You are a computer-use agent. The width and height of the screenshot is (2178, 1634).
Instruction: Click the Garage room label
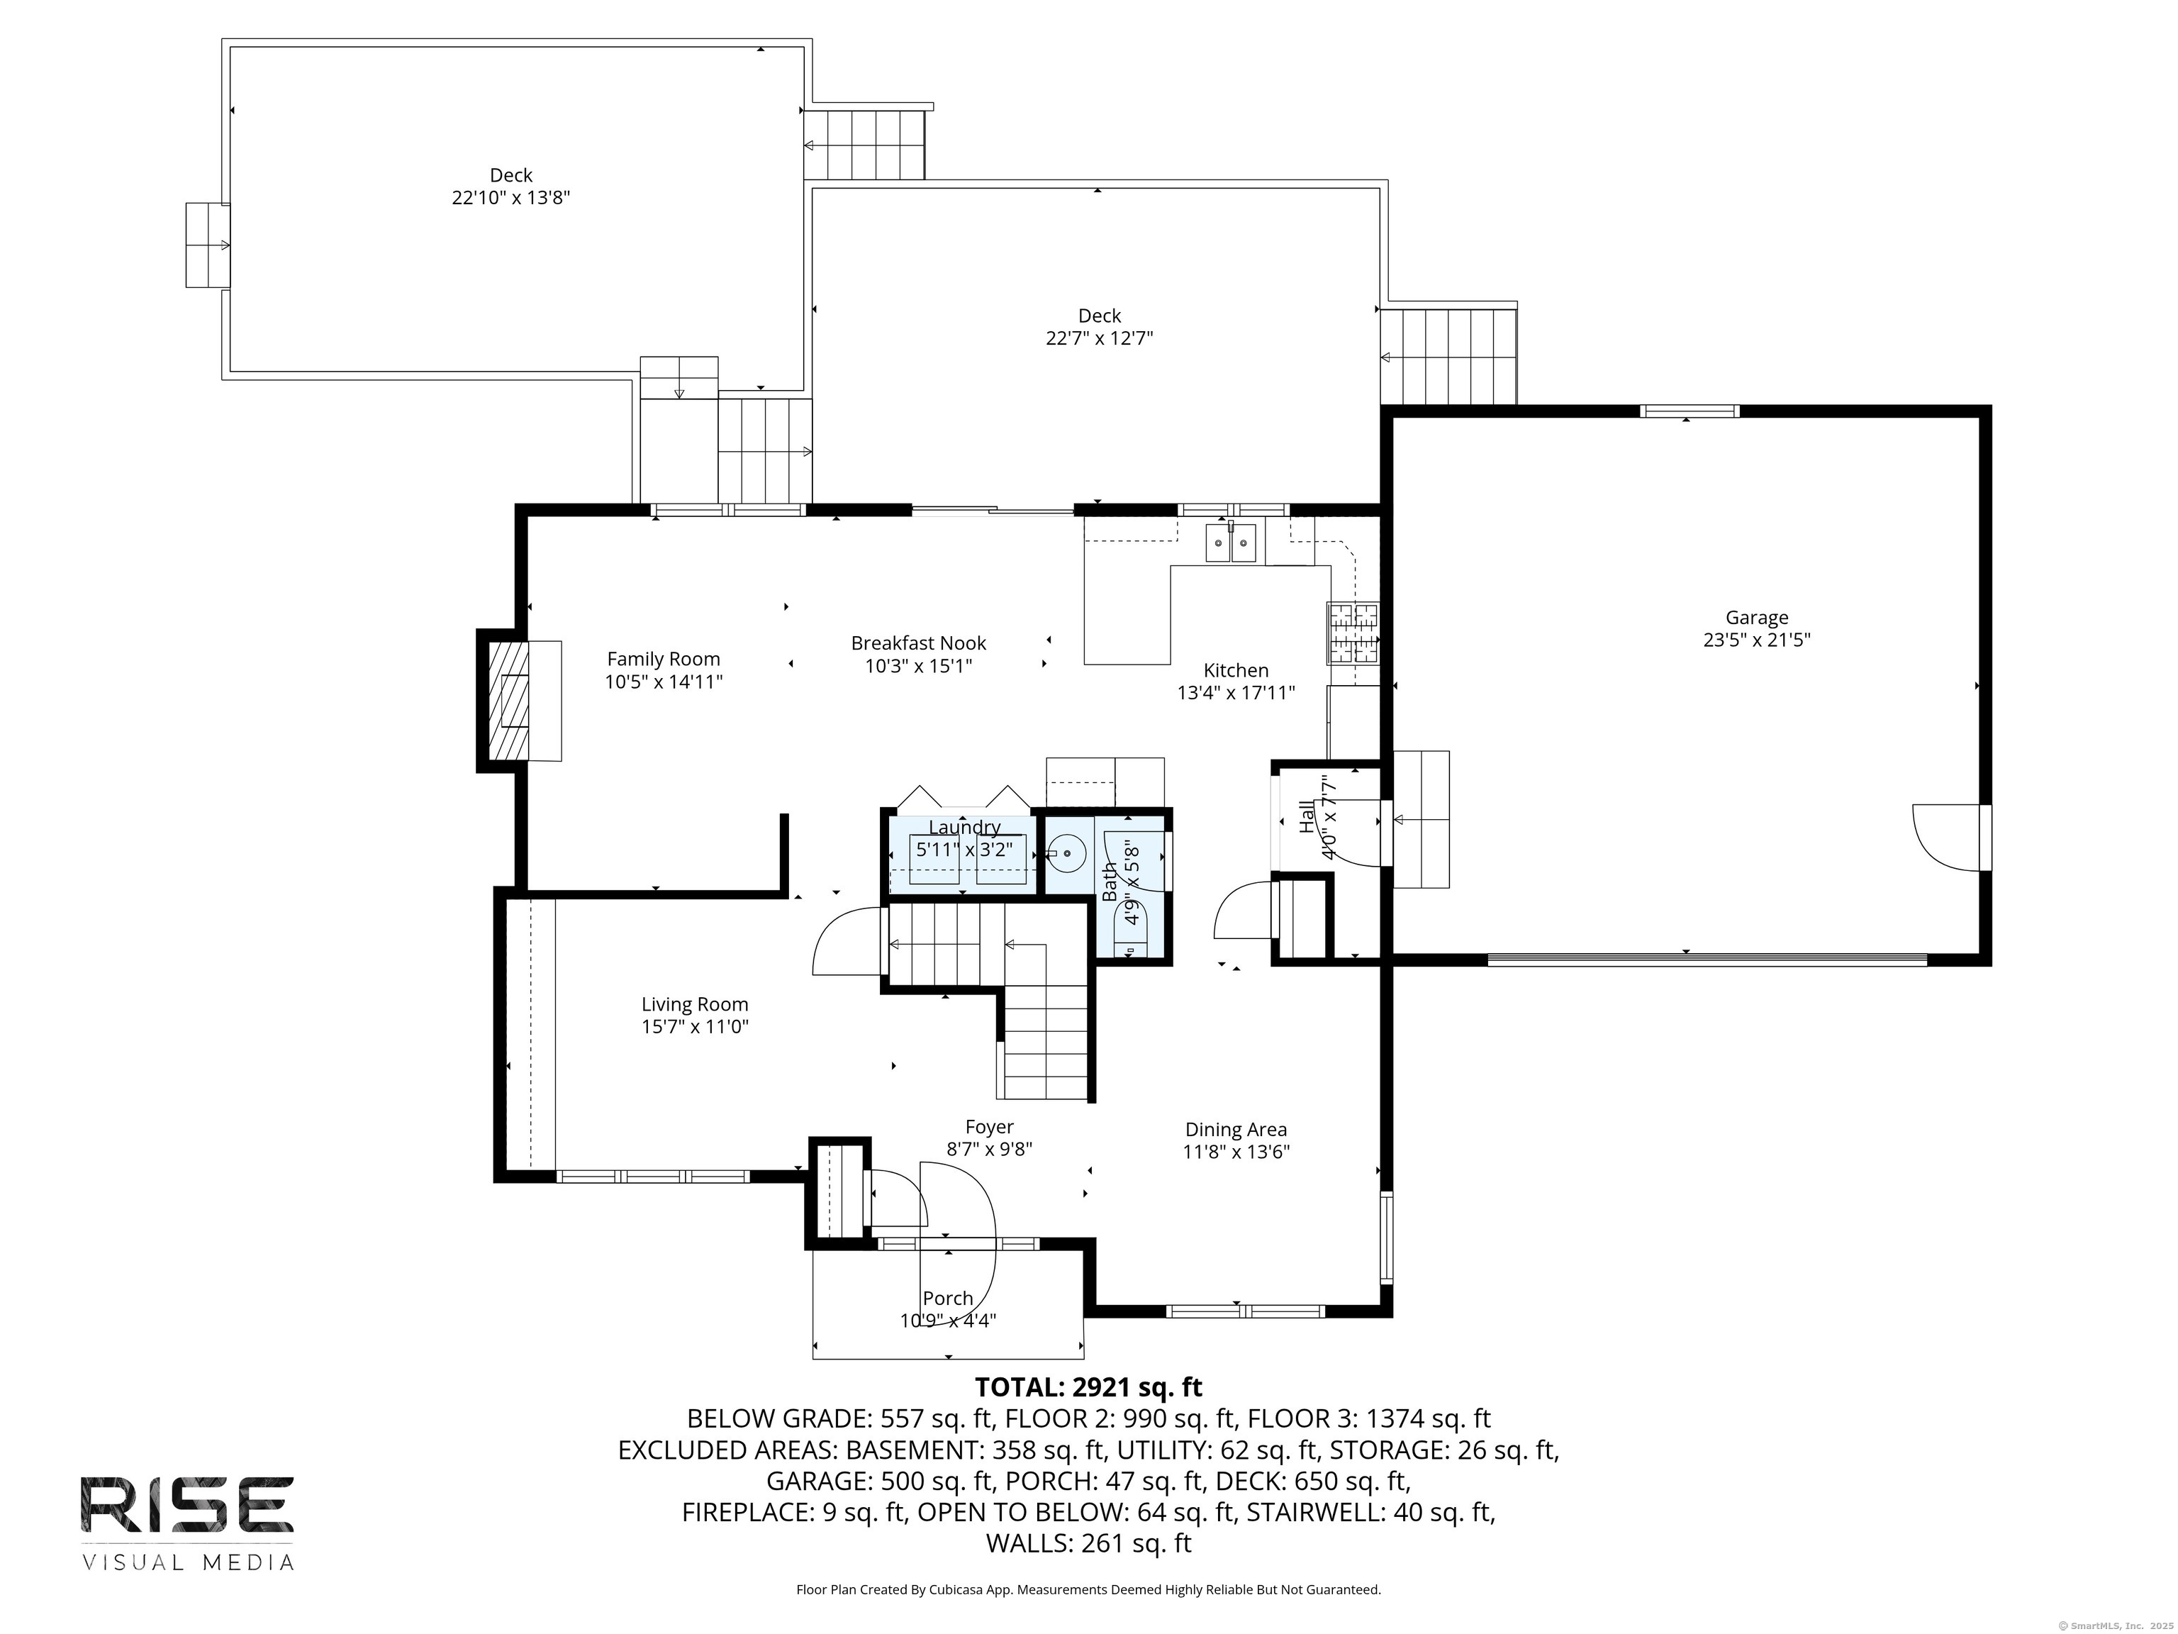(x=1757, y=618)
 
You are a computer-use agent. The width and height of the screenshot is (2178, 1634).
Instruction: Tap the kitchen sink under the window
(x=1231, y=543)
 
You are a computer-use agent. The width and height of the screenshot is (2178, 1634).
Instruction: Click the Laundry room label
(x=964, y=828)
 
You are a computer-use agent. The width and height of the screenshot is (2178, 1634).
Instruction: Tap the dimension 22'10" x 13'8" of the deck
(x=511, y=198)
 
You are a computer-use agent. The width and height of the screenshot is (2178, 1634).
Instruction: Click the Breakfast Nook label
(x=917, y=643)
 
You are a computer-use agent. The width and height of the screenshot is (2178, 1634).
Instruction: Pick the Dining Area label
(x=1235, y=1130)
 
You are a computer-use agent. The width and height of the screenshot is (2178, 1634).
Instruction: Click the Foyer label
(x=988, y=1127)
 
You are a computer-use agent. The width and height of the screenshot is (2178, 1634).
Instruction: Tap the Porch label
(x=947, y=1298)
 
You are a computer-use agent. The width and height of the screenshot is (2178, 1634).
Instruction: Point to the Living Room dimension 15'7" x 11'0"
(x=695, y=1026)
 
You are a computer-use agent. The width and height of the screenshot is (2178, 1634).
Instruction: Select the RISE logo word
(x=187, y=1504)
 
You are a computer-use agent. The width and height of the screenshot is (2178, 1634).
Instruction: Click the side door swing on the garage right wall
(x=1945, y=837)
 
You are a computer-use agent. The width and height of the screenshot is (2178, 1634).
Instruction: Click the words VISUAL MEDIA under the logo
(x=187, y=1562)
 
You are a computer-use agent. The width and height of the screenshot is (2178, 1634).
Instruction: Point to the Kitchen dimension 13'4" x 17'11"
(x=1235, y=692)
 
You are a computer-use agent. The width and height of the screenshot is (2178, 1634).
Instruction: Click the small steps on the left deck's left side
(x=207, y=245)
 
